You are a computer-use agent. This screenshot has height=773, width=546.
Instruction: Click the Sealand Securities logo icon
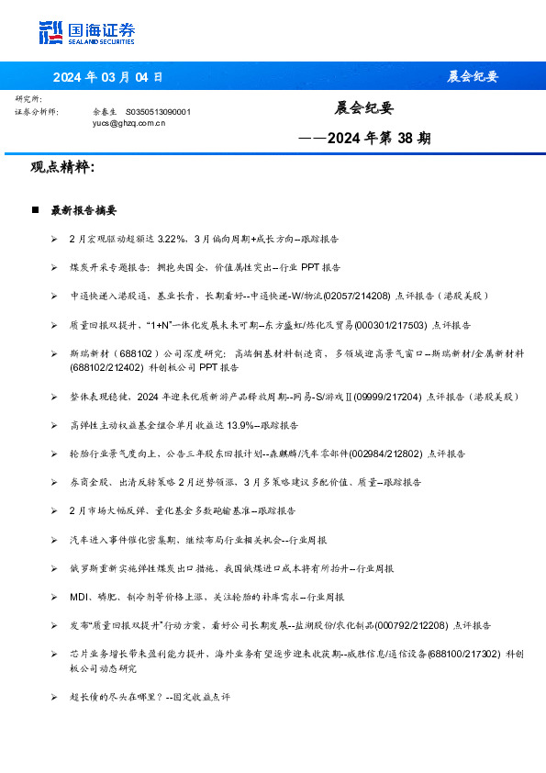pyautogui.click(x=51, y=32)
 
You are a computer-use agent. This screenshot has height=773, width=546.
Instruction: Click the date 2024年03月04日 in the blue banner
pyautogui.click(x=107, y=76)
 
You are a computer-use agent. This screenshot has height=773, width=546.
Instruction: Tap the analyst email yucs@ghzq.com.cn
pyautogui.click(x=128, y=122)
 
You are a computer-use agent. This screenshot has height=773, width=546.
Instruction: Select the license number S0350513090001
pyautogui.click(x=158, y=111)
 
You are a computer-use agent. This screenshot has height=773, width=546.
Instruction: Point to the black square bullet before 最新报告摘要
pyautogui.click(x=35, y=210)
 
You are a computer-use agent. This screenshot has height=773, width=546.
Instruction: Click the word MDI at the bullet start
pyautogui.click(x=78, y=597)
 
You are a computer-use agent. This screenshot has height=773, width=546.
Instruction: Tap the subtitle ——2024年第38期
pyautogui.click(x=365, y=139)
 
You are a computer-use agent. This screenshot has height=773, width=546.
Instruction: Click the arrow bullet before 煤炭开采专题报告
pyautogui.click(x=54, y=267)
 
